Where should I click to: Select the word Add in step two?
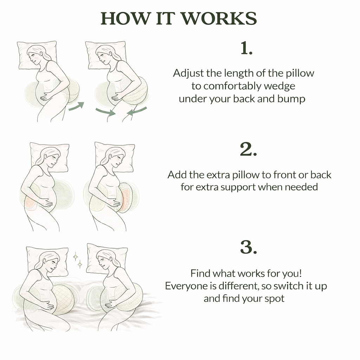(x=177, y=175)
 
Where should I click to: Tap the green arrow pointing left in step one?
(x=137, y=111)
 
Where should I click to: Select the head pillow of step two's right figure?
(x=115, y=157)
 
